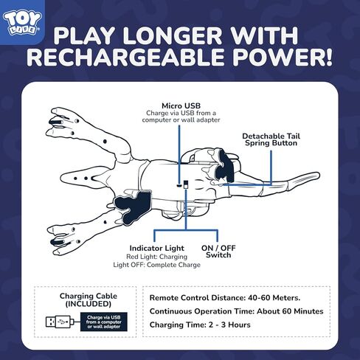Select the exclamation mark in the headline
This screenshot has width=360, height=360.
[x=325, y=60]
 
